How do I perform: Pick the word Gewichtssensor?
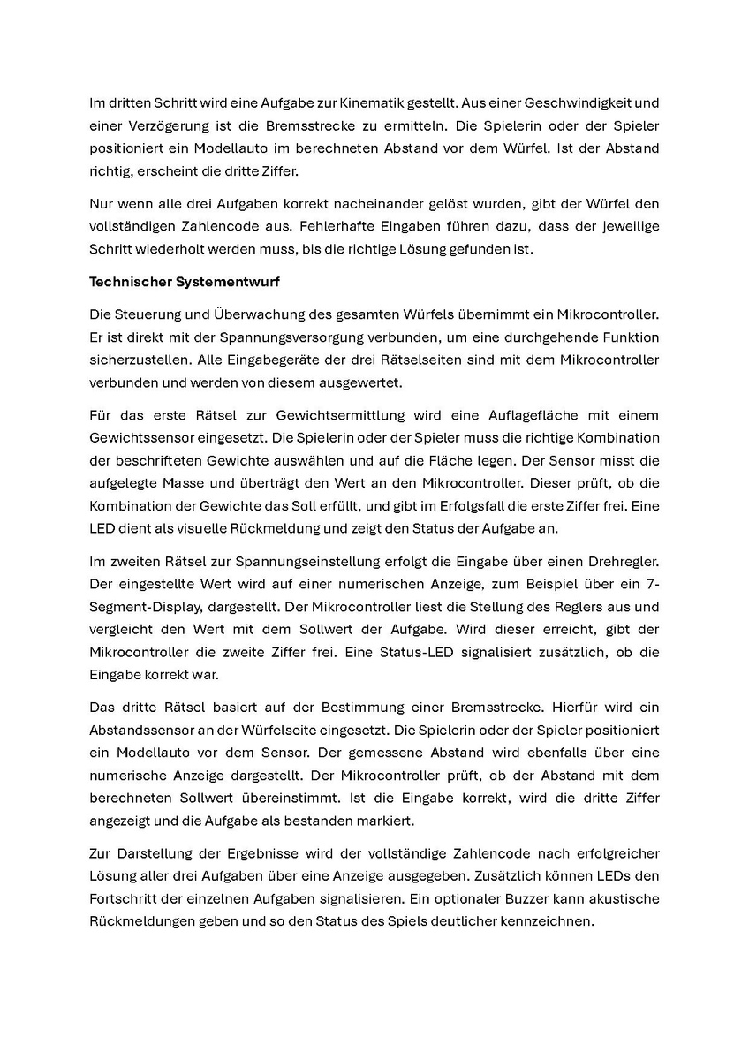click(138, 438)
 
